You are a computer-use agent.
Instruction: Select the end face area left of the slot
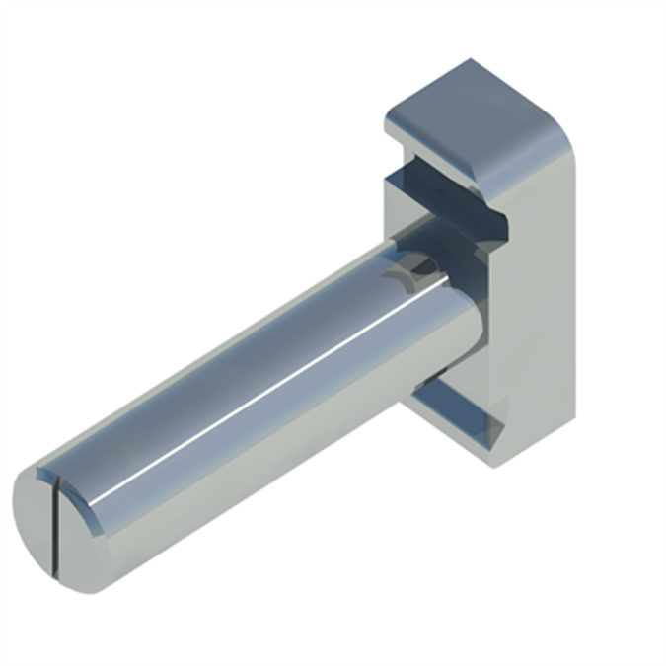[x=32, y=518]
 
